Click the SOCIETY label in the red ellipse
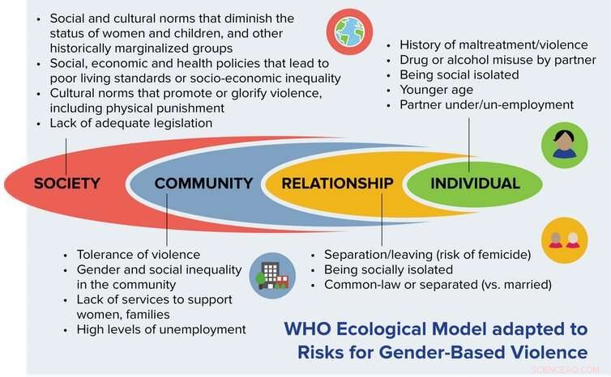66,184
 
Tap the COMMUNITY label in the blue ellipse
203,184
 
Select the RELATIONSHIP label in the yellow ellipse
337,184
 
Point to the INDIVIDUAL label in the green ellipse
475,184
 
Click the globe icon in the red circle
349,32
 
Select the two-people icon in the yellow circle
565,239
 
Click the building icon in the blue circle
273,276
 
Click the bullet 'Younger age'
435,90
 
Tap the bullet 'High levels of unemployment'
160,329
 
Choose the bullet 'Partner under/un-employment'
486,104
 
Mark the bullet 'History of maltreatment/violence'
485,44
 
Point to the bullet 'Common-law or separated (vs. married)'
438,285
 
